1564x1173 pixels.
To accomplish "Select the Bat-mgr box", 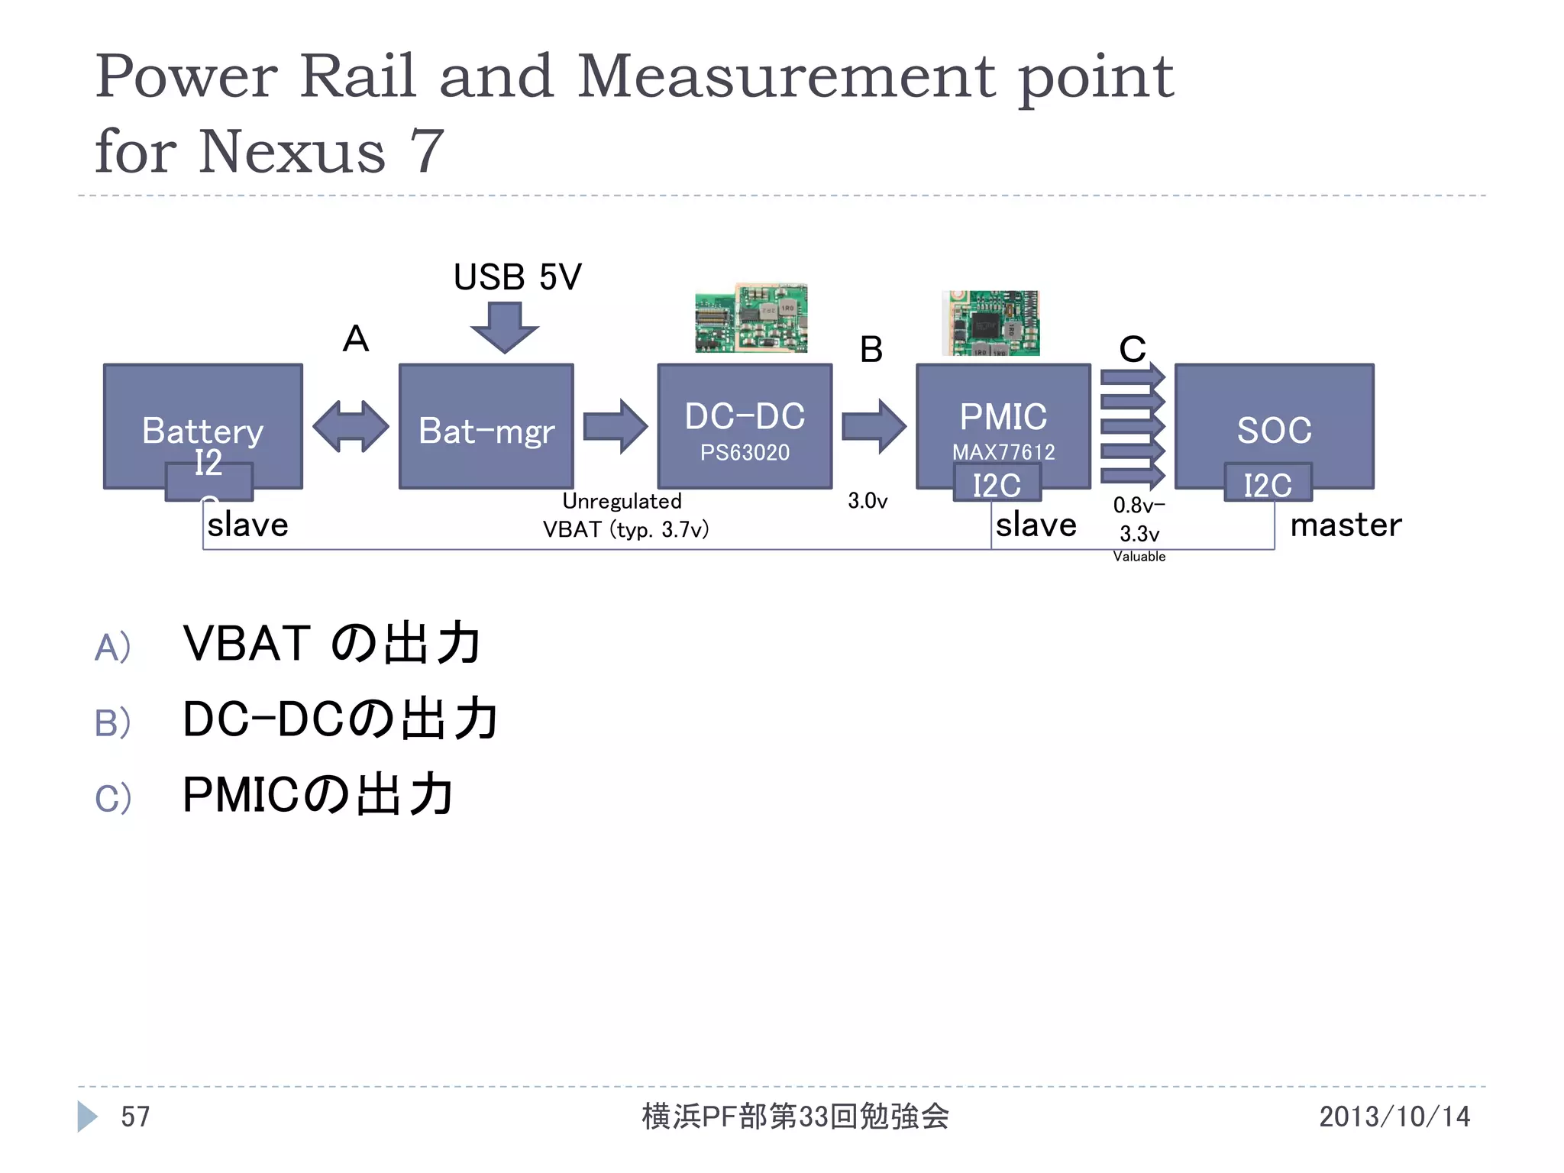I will (486, 428).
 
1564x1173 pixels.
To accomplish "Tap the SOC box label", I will (1274, 430).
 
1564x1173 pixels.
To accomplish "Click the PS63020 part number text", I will (745, 452).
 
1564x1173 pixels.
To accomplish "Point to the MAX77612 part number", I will (1003, 452).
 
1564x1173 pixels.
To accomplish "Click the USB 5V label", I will (517, 276).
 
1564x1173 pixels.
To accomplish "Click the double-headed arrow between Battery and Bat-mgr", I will (351, 426).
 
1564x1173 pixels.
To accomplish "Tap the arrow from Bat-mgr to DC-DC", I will (615, 426).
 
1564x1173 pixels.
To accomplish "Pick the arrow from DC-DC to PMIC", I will (874, 426).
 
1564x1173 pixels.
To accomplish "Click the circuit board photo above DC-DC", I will (751, 318).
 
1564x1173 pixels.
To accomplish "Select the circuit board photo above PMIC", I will (990, 322).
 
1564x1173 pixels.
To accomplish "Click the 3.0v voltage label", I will (868, 501).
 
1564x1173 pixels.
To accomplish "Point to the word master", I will (1346, 525).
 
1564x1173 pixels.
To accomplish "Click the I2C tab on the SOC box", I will (1268, 484).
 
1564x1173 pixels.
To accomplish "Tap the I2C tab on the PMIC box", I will (997, 484).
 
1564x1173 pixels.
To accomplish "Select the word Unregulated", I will (622, 501).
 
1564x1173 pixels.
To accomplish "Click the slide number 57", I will (135, 1116).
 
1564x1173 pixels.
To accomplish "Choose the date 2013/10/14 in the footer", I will (1394, 1116).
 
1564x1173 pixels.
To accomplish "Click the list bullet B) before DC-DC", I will (112, 722).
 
